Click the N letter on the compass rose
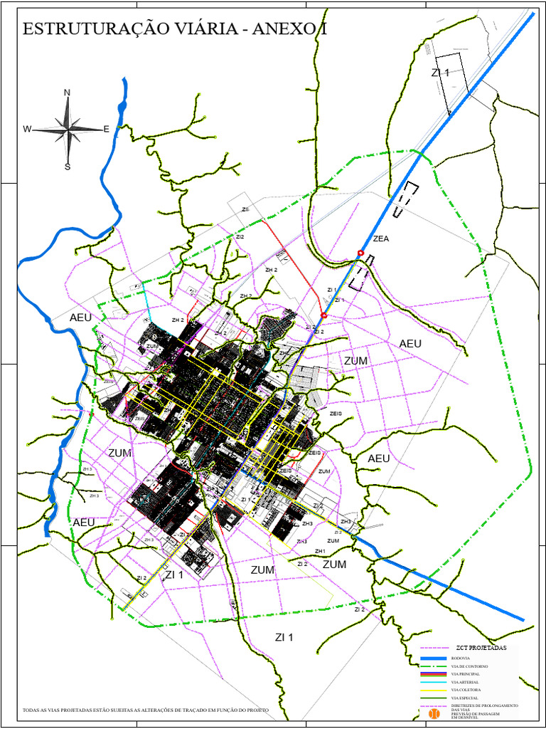(68, 93)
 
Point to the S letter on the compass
(68, 167)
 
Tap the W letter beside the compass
(27, 130)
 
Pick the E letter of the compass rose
(107, 130)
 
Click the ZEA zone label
(381, 239)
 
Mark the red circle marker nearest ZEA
(360, 253)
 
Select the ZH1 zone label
(320, 552)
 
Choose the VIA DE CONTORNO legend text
(470, 666)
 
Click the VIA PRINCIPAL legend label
(466, 673)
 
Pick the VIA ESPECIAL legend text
(465, 698)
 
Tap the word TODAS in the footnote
(32, 710)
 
